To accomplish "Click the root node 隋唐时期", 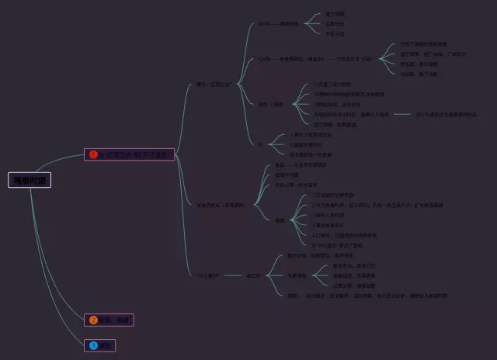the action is [x=30, y=180].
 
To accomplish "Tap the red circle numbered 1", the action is [x=93, y=154].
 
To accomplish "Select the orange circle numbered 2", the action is [x=93, y=320].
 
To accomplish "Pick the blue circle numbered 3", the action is [x=93, y=345].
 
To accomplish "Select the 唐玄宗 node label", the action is [x=253, y=275].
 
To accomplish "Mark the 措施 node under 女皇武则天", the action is [x=280, y=220].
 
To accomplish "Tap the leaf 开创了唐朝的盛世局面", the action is [x=423, y=44].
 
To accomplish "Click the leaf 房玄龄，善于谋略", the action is [x=419, y=64].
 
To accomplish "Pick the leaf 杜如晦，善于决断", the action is [x=419, y=74].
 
